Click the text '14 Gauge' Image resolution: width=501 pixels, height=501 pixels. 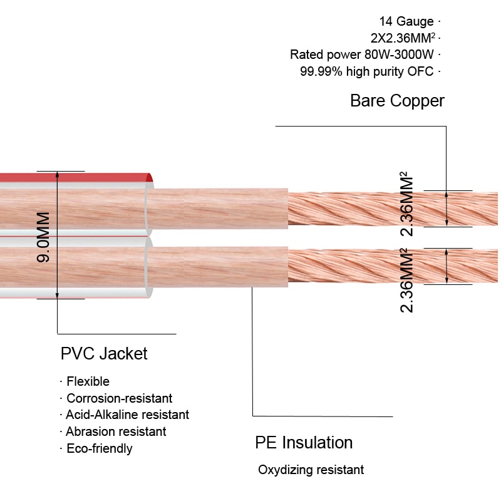tap(406, 22)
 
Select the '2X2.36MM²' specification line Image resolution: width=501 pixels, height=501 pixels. tap(401, 38)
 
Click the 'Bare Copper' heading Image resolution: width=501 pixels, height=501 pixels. tap(397, 101)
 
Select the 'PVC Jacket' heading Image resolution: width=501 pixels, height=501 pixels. tap(104, 354)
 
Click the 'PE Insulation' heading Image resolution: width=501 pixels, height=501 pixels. tap(304, 443)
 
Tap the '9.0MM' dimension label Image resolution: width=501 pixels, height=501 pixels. tap(43, 237)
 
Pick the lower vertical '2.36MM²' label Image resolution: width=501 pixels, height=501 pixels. tap(408, 280)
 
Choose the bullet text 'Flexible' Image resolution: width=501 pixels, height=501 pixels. tap(88, 381)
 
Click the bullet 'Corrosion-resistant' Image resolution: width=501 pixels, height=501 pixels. tap(119, 398)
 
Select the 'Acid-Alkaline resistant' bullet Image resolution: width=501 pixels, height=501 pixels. tap(127, 415)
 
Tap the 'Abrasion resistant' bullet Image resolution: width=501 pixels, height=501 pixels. tap(116, 431)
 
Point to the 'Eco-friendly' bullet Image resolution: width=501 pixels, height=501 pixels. tap(99, 448)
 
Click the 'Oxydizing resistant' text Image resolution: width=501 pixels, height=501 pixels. tap(311, 470)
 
